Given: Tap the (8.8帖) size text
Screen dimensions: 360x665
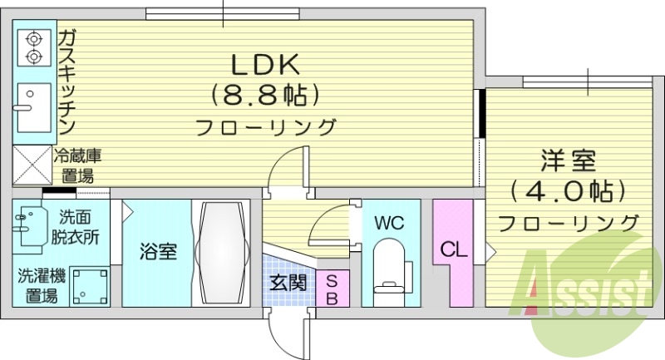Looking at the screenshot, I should (265, 95).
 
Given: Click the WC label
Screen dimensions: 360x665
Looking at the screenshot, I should (388, 223).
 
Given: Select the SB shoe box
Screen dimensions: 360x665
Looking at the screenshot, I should (331, 288).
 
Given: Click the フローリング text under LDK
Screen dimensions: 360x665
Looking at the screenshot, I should (266, 127).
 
